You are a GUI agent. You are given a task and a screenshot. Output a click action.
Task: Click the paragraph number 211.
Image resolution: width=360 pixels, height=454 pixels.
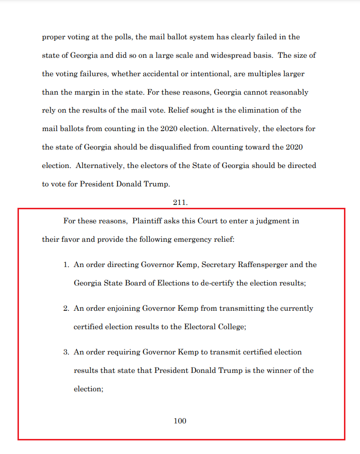[x=180, y=202]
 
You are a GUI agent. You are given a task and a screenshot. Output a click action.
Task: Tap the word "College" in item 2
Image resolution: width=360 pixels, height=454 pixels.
[x=231, y=327]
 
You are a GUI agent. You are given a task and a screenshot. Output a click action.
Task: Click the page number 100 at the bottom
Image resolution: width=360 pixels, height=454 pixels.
[x=180, y=421]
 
